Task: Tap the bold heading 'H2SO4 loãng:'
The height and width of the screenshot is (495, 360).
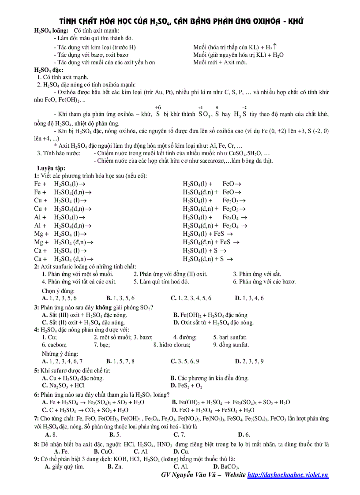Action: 51,30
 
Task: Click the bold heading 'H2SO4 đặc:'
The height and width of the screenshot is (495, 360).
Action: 49,70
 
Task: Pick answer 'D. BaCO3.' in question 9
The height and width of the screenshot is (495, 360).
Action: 226,466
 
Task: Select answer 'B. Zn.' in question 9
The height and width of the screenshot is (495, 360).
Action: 115,466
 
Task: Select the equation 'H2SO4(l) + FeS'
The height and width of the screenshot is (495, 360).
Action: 207,234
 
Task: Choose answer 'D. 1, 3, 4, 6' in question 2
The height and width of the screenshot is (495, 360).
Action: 249,298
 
